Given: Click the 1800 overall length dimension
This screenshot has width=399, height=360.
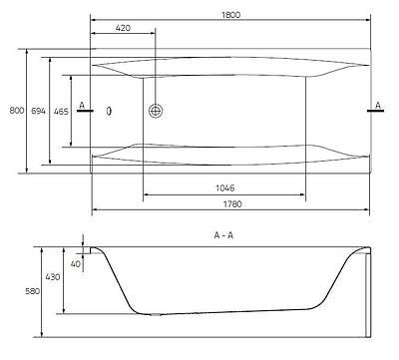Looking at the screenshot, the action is tap(230, 15).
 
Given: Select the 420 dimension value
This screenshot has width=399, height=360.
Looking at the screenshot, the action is tap(123, 28).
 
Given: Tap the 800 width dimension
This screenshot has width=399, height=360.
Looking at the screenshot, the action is tap(17, 111).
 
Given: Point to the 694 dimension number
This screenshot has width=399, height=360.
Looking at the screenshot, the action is tap(38, 111).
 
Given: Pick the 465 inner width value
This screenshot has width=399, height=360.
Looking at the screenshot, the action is tap(61, 111).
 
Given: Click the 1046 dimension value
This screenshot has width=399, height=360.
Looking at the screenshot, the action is tap(225, 188).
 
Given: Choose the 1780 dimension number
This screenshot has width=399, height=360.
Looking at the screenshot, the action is tap(232, 204).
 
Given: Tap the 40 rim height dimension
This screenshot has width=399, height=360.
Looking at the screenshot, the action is tap(76, 264).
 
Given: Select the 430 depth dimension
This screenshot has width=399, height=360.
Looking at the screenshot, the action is tap(53, 276).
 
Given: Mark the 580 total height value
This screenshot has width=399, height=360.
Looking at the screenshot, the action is tap(32, 291).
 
